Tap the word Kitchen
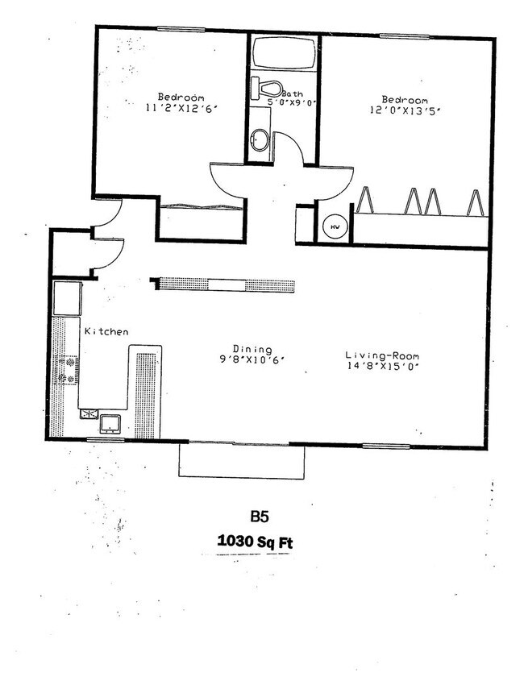pos(106,331)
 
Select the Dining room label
pos(253,348)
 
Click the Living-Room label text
pos(381,355)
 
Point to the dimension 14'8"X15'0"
pos(381,366)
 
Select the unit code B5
pos(257,516)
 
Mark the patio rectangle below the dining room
pos(241,461)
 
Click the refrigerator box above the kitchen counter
pos(67,297)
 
